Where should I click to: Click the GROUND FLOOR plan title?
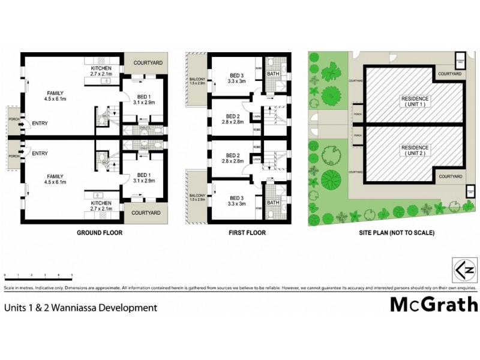click(x=100, y=233)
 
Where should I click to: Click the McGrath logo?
click(x=434, y=305)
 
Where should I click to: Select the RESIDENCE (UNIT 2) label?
click(x=415, y=150)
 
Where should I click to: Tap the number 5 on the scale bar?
click(x=72, y=275)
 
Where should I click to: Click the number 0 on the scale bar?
click(x=5, y=275)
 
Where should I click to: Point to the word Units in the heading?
click(x=14, y=308)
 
